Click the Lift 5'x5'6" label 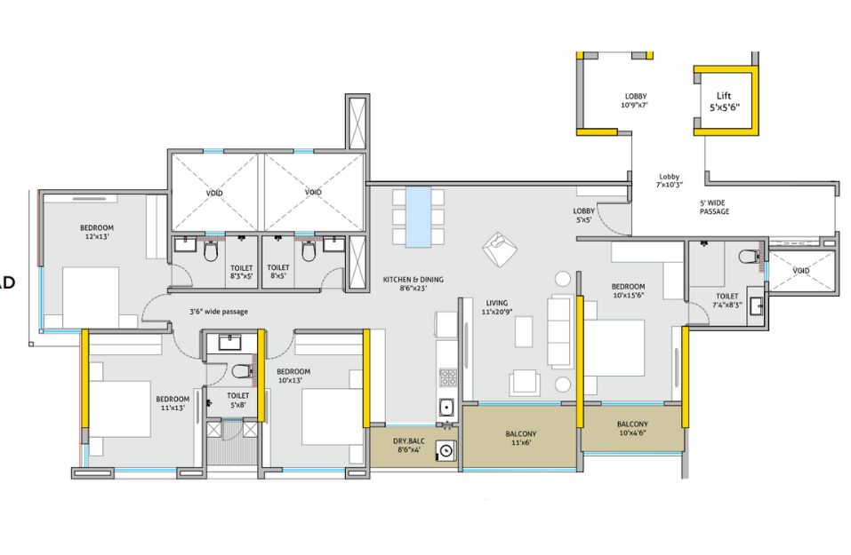725,100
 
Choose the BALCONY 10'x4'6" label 632,429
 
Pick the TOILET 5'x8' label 237,400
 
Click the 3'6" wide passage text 218,312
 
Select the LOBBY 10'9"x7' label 635,100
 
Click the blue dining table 418,216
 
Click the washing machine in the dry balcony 446,452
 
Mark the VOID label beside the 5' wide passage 800,270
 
